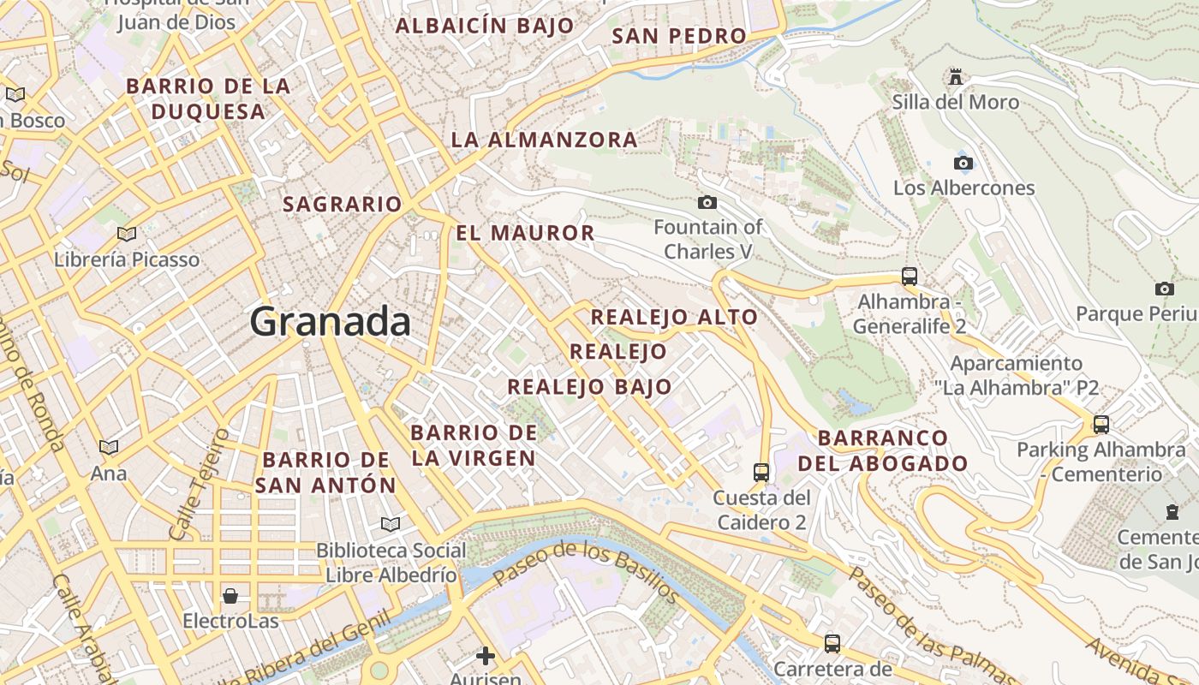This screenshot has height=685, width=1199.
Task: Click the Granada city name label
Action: pos(330,322)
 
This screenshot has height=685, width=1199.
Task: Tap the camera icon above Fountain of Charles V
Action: pos(707,203)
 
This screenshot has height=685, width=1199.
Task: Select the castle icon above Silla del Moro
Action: pos(955,78)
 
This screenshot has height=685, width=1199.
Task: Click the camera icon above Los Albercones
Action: pos(963,163)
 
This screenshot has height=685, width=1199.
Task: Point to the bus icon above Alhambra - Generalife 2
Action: pos(910,277)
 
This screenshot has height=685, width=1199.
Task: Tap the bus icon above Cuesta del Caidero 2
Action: pos(761,472)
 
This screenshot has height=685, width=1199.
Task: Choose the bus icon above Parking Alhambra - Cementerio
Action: pos(1101,424)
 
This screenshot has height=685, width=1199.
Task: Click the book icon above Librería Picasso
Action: pos(127,234)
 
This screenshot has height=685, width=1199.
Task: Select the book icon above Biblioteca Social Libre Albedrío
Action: pos(391,524)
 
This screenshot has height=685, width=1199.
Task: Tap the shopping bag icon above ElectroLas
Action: pos(230,595)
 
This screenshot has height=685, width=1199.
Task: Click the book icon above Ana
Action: pos(109,447)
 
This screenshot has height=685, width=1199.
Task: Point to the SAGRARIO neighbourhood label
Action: pos(342,204)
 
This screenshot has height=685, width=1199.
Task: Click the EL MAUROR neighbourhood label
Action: pos(524,233)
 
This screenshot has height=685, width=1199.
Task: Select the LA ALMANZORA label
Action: pos(544,140)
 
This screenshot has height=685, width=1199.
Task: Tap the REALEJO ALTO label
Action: pos(674,317)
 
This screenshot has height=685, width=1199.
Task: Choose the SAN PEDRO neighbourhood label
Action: pos(679,36)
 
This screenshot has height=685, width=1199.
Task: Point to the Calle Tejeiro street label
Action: pos(200,485)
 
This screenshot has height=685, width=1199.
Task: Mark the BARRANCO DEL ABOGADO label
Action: pos(883,450)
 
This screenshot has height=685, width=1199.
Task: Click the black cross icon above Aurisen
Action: pos(486,656)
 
